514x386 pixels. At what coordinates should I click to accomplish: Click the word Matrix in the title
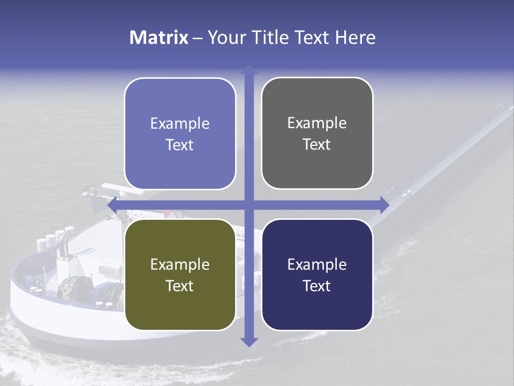tap(159, 38)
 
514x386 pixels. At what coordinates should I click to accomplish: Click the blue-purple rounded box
tap(180, 133)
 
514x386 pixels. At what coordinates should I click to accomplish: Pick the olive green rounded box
tap(180, 274)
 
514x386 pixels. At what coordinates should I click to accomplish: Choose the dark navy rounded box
tap(317, 274)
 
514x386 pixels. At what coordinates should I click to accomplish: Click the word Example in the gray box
tap(317, 123)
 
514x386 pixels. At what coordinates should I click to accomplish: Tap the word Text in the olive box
tap(179, 286)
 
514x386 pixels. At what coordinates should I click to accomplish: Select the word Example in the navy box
tap(317, 264)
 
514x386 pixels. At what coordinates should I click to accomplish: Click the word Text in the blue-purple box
tap(179, 145)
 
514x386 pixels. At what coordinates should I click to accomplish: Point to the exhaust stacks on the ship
tap(59, 241)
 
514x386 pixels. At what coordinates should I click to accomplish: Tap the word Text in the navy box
tap(316, 286)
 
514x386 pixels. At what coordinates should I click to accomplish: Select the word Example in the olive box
tap(180, 264)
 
